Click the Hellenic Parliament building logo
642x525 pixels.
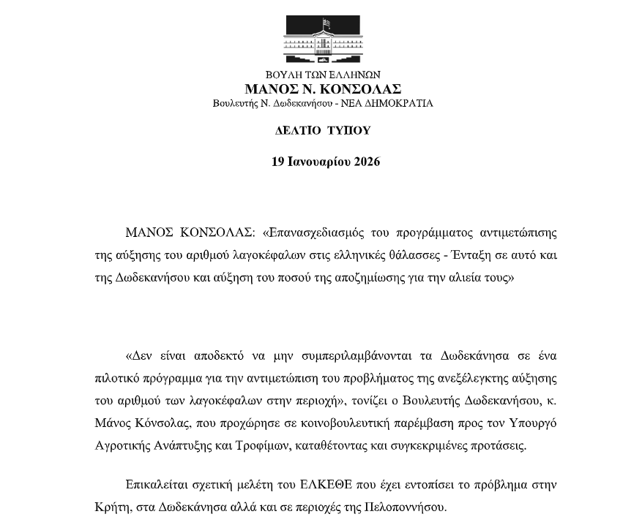click(323, 40)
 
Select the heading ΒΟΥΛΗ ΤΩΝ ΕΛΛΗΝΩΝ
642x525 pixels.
click(323, 75)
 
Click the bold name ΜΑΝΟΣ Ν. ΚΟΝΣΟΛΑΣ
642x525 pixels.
click(323, 88)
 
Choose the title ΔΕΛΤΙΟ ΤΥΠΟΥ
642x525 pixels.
click(323, 131)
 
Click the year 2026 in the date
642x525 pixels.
click(367, 162)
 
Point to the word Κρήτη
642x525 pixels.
click(111, 507)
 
